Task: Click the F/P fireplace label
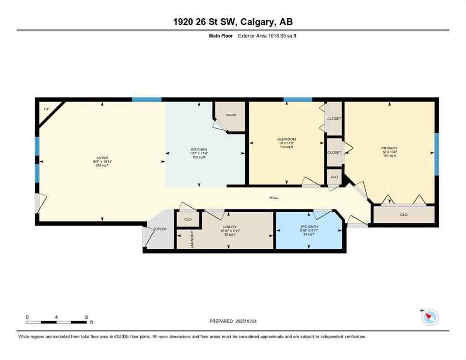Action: tap(46, 109)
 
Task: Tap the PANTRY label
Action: tap(231, 115)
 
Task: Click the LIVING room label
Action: tap(102, 157)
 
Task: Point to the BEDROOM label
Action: tap(286, 139)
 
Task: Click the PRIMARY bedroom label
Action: tap(389, 148)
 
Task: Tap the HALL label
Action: tap(274, 198)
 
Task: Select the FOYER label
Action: tap(161, 229)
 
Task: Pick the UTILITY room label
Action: tap(227, 226)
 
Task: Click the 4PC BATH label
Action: tap(310, 226)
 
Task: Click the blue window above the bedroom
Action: tap(298, 99)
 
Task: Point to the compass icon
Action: tap(429, 317)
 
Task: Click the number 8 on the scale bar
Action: tap(86, 317)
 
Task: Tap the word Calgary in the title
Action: tap(260, 22)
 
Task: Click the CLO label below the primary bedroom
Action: tap(404, 214)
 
